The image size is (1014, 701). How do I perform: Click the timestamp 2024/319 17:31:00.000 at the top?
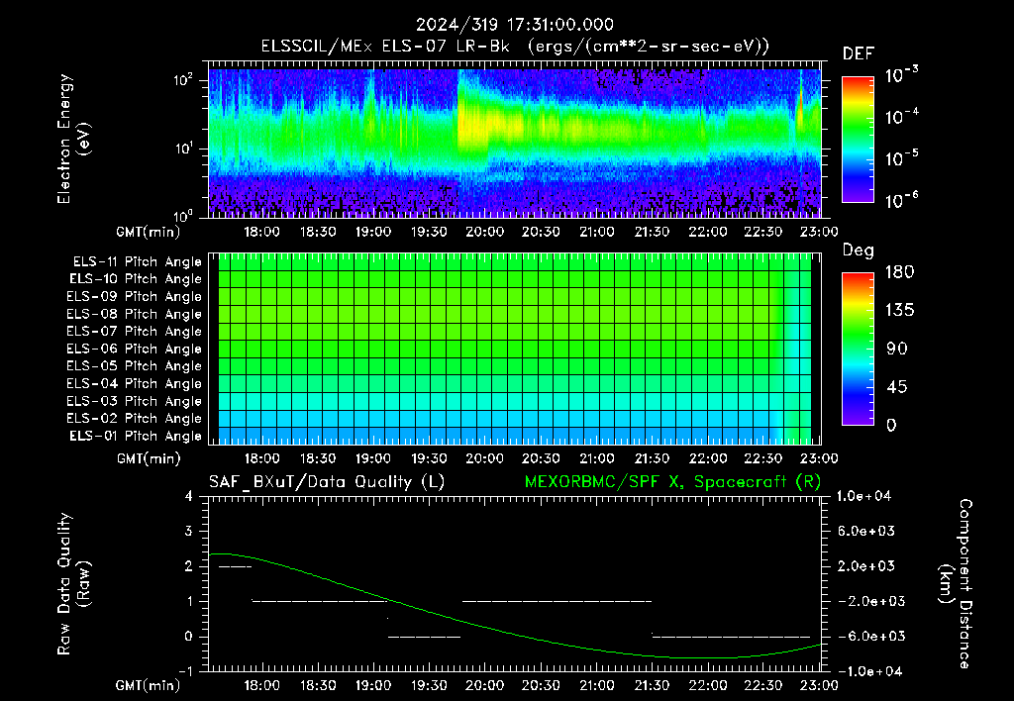514,25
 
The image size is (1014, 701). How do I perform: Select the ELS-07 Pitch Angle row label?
134,331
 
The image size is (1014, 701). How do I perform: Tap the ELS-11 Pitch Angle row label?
137,262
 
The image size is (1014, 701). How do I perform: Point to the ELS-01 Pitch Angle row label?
135,436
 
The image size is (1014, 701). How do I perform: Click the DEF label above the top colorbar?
859,54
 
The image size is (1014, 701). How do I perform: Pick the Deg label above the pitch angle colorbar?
859,250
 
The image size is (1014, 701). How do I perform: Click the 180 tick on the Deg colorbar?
899,271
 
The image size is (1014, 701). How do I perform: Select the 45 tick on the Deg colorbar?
895,387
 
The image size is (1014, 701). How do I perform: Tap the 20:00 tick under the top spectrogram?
484,232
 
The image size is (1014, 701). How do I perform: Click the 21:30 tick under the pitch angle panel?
652,458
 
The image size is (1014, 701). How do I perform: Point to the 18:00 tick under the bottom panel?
261,685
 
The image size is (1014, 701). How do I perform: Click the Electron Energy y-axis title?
73,139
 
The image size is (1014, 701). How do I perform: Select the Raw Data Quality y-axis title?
73,584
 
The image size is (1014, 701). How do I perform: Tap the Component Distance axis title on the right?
956,584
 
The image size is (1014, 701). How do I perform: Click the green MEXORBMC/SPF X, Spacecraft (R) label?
672,482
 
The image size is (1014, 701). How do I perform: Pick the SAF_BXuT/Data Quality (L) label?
327,482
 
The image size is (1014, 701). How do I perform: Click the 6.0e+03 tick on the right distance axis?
865,531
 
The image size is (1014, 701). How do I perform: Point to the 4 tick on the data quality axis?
188,496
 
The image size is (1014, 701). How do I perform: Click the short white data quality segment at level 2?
235,567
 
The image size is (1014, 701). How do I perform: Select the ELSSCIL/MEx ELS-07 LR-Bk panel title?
385,47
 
